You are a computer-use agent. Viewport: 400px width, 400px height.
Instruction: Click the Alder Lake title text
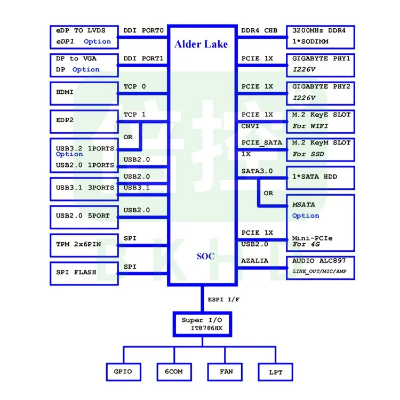[201, 44]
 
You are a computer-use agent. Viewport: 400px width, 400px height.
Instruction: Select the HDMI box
[83, 93]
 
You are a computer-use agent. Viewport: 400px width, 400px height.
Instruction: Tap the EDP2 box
[83, 121]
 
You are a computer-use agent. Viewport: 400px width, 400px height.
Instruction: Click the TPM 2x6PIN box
[83, 244]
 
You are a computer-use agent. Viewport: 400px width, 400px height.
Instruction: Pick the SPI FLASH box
[83, 272]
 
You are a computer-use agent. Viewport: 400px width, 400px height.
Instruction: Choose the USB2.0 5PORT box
[83, 216]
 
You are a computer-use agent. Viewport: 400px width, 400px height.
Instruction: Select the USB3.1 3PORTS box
[83, 188]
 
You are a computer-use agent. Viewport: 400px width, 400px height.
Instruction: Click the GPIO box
[123, 372]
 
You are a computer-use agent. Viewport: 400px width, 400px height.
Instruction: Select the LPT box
[275, 372]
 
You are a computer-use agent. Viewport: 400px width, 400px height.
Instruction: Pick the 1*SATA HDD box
[320, 177]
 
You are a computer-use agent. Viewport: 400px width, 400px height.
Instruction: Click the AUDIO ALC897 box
[320, 267]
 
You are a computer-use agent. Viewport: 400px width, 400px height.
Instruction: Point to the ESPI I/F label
[223, 299]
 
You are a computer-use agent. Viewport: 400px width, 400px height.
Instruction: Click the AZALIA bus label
[254, 261]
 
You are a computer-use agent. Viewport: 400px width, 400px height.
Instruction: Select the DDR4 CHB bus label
[259, 30]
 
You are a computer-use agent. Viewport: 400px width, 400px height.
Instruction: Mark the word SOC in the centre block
[205, 257]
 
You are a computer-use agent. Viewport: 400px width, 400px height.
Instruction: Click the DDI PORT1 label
[143, 58]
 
